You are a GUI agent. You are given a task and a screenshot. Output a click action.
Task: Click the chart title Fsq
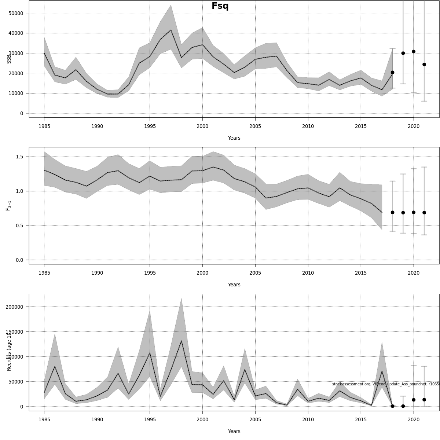pyautogui.click(x=220, y=6)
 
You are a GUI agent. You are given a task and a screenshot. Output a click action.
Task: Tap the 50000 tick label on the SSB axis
pyautogui.click(x=15, y=13)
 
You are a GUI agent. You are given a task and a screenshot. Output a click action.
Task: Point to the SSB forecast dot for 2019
pyautogui.click(x=403, y=53)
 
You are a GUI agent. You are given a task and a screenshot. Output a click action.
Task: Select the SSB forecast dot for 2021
pyautogui.click(x=424, y=65)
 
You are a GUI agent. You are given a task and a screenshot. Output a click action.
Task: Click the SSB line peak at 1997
pyautogui.click(x=171, y=30)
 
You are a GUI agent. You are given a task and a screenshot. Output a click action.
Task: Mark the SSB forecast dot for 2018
pyautogui.click(x=392, y=72)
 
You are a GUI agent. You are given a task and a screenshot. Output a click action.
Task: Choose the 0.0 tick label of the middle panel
pyautogui.click(x=19, y=260)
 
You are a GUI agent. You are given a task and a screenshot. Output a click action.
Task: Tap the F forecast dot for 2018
pyautogui.click(x=392, y=212)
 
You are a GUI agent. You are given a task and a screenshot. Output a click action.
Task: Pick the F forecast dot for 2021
pyautogui.click(x=424, y=213)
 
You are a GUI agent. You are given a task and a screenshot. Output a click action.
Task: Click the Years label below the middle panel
pyautogui.click(x=234, y=285)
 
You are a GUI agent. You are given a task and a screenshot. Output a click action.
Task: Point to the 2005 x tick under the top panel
pyautogui.click(x=255, y=126)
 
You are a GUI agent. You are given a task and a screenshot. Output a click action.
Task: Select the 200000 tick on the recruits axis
pyautogui.click(x=14, y=307)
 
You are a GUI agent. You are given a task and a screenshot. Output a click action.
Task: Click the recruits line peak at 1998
pyautogui.click(x=181, y=341)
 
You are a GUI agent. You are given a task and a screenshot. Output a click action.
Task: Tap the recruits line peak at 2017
pyautogui.click(x=382, y=371)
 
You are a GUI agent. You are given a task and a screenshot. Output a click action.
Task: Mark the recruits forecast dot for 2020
pyautogui.click(x=414, y=400)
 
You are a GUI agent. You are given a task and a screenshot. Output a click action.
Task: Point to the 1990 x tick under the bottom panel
pyautogui.click(x=97, y=420)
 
